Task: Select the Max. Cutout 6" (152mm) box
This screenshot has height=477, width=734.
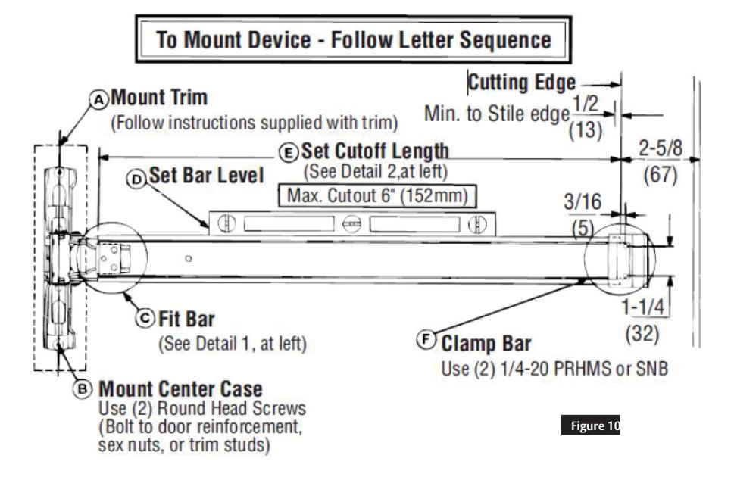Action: point(376,196)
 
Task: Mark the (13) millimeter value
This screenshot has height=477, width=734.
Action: point(586,129)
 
